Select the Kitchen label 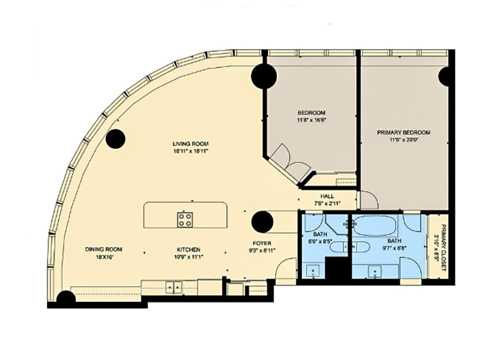click(188, 249)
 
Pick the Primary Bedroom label click(403, 133)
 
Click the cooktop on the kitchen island click(184, 220)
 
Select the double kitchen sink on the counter click(173, 287)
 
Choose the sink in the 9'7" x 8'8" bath click(375, 272)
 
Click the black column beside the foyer click(261, 221)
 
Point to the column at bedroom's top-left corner click(264, 77)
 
